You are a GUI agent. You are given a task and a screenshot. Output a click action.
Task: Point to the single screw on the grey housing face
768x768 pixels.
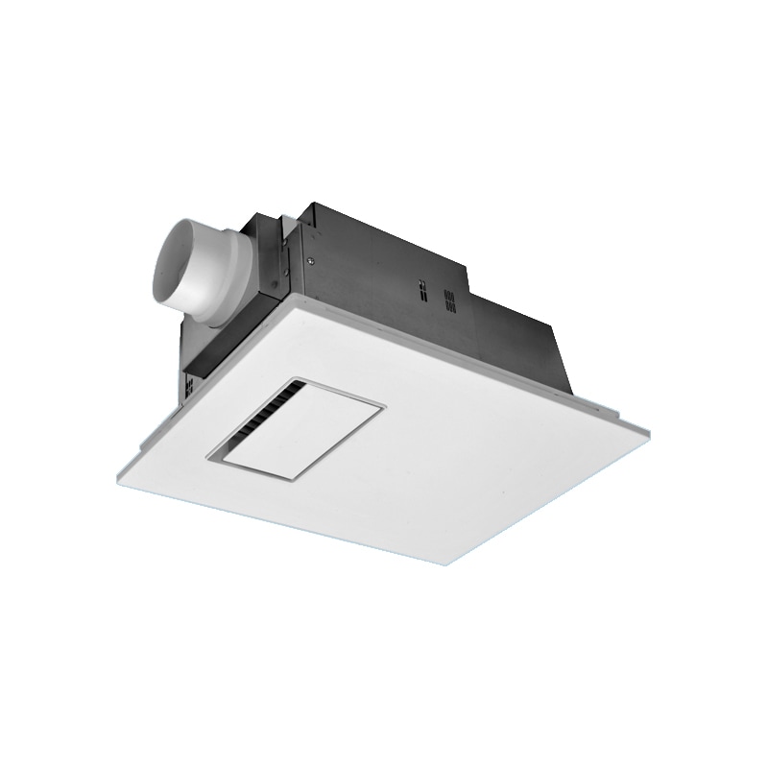[x=309, y=257]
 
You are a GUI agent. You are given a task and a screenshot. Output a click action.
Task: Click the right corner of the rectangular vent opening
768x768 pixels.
[x=382, y=406]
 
